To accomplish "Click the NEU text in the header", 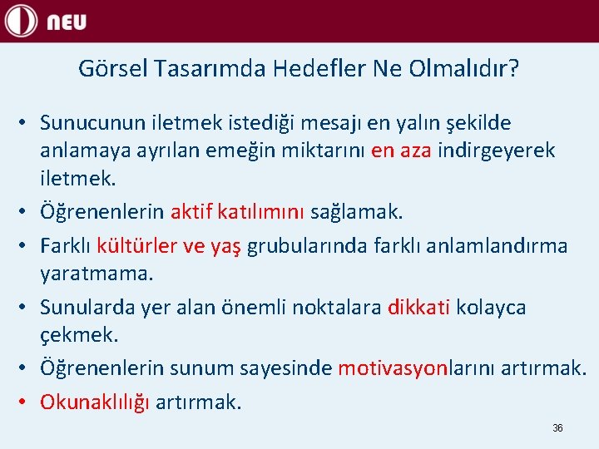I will tap(66, 22).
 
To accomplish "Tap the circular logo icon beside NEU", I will tap(21, 21).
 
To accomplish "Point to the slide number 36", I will tap(557, 427).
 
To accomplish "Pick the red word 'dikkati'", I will tap(418, 307).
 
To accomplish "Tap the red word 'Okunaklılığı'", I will tap(95, 402).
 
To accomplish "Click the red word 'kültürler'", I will tap(137, 246).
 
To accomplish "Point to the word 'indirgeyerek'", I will tap(497, 150).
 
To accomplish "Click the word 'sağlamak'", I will tap(356, 212).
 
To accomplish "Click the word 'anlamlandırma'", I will tap(508, 246).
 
